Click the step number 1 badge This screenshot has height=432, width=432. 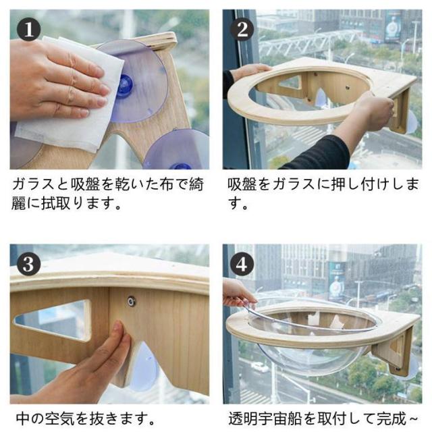click(28, 29)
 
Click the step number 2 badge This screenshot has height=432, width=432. click(242, 29)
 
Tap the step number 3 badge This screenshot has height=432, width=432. click(28, 264)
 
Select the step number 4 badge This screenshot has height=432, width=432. click(242, 264)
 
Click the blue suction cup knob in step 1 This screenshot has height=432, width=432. click(126, 85)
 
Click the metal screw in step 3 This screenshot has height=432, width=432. click(131, 301)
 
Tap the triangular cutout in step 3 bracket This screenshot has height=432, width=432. click(53, 319)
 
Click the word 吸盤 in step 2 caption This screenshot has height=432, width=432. click(242, 184)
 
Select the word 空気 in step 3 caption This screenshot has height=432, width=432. click(60, 418)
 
